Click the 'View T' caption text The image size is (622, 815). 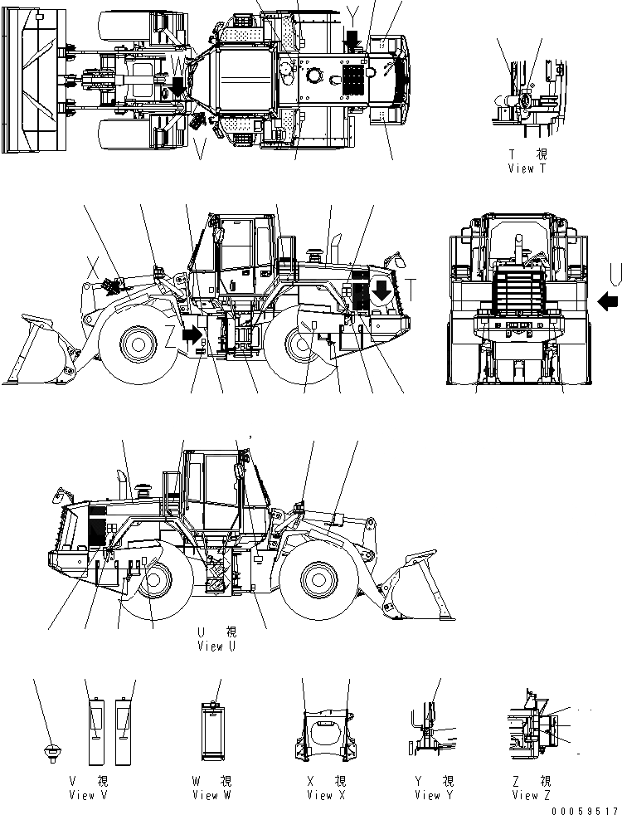tap(527, 168)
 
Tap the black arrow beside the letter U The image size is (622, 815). tap(606, 300)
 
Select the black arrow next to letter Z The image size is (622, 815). tap(192, 334)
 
